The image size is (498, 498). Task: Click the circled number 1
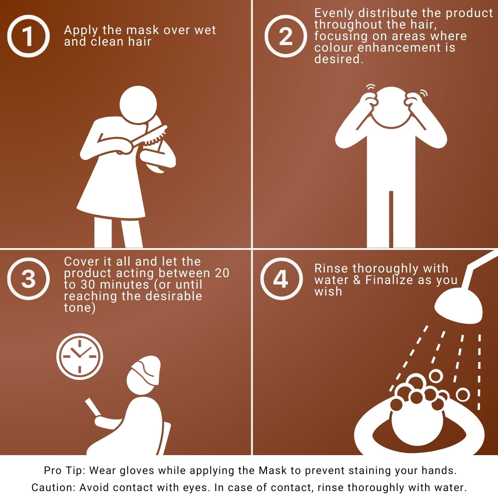[28, 36]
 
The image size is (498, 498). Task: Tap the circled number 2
[285, 36]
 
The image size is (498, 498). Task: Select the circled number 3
[28, 279]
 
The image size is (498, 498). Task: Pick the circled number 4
[281, 279]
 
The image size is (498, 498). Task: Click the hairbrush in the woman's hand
[149, 136]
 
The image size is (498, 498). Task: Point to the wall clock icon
[79, 356]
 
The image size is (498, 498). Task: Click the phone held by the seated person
[92, 407]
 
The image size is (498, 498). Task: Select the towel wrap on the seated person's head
[146, 368]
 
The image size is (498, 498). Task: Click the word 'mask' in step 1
[142, 30]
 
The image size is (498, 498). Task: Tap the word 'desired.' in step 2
[338, 59]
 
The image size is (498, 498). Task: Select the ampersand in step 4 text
[356, 280]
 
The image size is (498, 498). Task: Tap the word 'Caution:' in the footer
[53, 487]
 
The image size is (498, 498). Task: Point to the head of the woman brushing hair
[138, 105]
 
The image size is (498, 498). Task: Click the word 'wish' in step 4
[328, 291]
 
